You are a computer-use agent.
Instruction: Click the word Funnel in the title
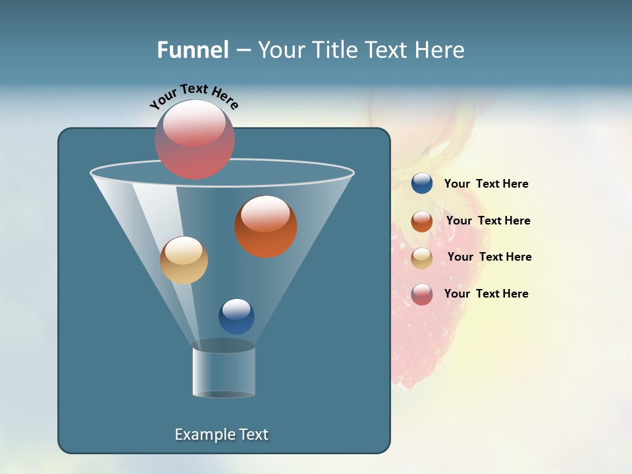pos(192,50)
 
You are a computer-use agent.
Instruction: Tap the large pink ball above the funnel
pos(195,140)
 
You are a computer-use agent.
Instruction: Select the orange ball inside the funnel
pos(265,227)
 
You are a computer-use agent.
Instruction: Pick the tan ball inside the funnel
pos(184,261)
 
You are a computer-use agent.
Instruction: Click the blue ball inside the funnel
pos(236,317)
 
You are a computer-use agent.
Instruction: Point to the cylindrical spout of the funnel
pos(224,372)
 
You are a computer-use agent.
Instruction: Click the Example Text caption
pos(221,434)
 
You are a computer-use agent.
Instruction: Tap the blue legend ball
pos(422,184)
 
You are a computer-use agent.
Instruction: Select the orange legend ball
pos(422,221)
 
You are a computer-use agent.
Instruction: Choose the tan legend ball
pos(422,258)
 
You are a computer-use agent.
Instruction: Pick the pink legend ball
pos(422,294)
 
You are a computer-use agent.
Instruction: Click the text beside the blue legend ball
pos(486,184)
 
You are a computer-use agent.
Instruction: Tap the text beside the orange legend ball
pos(488,221)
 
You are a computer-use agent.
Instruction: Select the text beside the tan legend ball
pos(489,257)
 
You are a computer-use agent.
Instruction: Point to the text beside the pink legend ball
pos(486,294)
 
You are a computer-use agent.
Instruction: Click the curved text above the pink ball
pos(194,95)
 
